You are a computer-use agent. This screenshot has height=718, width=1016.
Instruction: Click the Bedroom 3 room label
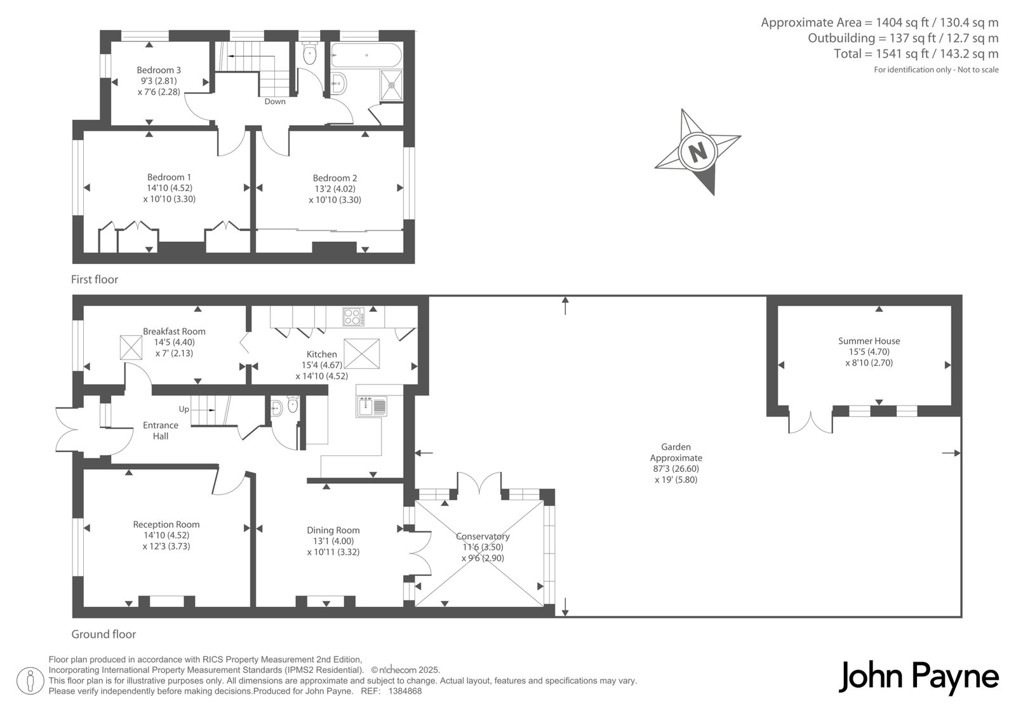(x=159, y=70)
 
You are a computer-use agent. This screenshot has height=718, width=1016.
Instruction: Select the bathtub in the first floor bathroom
(x=366, y=55)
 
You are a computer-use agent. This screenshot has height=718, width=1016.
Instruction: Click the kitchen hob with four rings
(x=353, y=317)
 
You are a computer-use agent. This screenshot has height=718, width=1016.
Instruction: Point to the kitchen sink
(x=371, y=406)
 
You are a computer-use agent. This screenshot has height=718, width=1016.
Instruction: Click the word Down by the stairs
(x=275, y=102)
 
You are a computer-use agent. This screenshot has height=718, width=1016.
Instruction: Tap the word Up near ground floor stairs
(x=184, y=409)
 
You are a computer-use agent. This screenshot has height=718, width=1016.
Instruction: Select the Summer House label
(x=869, y=341)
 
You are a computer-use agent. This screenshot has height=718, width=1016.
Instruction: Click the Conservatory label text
(x=483, y=536)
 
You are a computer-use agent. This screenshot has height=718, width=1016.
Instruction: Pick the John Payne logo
(x=918, y=677)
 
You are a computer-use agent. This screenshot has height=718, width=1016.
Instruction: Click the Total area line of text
(x=916, y=54)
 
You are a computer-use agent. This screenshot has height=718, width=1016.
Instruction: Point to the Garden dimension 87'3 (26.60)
(x=676, y=469)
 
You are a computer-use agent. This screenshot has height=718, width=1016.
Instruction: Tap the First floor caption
(x=95, y=279)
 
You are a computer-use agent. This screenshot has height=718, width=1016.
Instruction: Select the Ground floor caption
(x=104, y=634)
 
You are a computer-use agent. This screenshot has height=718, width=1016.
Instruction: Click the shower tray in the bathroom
(x=391, y=85)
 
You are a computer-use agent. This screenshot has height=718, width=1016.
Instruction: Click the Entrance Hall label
(x=161, y=431)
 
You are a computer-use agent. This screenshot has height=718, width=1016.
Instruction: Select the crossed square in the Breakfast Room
(x=131, y=348)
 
